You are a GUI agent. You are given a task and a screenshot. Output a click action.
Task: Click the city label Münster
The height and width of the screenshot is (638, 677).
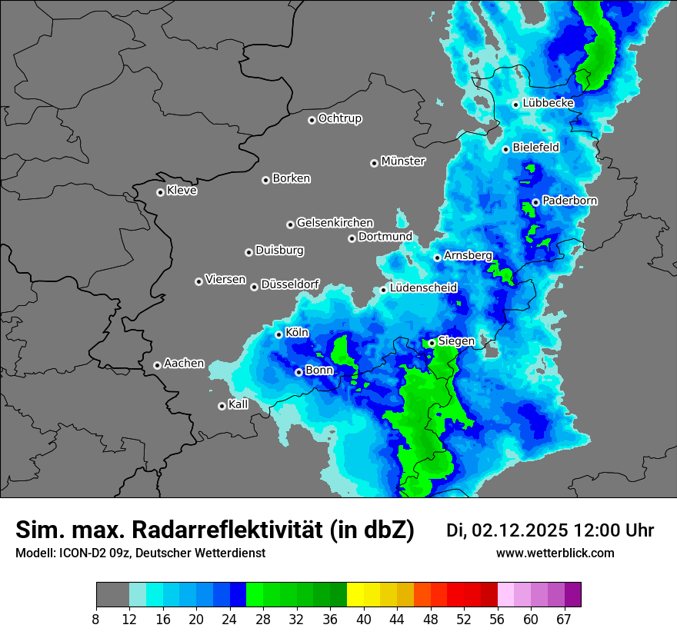click(x=403, y=161)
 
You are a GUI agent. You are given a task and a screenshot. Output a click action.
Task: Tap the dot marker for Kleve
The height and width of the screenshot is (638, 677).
click(x=160, y=192)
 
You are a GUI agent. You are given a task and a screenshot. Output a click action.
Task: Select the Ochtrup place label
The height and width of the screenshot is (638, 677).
click(x=340, y=118)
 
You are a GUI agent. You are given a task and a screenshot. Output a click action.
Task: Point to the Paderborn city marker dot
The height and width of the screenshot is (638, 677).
click(x=535, y=202)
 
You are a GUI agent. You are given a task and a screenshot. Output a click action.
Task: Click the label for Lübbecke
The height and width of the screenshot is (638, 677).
click(x=549, y=103)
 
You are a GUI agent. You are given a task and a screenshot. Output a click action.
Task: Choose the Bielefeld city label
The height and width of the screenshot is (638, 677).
click(x=536, y=147)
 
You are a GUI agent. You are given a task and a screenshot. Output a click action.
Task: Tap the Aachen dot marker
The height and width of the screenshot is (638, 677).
click(x=157, y=365)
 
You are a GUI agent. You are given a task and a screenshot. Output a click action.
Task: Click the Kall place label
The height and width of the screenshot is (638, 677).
click(x=238, y=404)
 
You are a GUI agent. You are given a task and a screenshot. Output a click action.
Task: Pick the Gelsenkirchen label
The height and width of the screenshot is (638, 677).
click(x=335, y=223)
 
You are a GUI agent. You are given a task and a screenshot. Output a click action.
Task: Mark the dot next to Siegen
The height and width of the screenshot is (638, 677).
click(x=432, y=343)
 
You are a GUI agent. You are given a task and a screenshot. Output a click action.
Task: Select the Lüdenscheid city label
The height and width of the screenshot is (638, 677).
click(x=424, y=288)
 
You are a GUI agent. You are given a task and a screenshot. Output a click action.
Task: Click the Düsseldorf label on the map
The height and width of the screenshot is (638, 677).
click(x=290, y=284)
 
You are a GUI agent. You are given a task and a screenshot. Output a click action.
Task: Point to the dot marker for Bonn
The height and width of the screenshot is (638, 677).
click(x=298, y=372)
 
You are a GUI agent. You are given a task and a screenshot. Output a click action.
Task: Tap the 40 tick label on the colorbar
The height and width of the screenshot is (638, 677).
click(x=364, y=620)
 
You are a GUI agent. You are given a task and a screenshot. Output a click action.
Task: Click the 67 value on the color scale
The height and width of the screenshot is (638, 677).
click(x=564, y=620)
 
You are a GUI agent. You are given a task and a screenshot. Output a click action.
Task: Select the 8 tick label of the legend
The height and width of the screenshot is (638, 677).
click(x=96, y=620)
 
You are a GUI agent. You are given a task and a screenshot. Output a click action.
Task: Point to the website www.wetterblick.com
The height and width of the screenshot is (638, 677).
click(x=555, y=553)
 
